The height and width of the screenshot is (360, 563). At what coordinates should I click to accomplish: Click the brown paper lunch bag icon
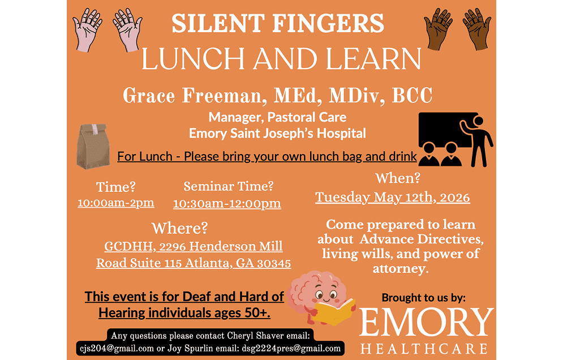tap(93, 146)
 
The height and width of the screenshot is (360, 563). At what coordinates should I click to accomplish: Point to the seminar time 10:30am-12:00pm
tap(227, 204)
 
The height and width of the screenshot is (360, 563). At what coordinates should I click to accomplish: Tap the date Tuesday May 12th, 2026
tap(392, 197)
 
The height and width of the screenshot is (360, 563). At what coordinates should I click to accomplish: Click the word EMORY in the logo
tap(426, 323)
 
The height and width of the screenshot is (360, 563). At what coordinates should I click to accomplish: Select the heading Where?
tap(179, 229)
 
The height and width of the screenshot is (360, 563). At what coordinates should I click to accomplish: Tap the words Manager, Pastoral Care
tap(277, 118)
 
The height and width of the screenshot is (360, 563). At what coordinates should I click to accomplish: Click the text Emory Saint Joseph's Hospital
tap(277, 134)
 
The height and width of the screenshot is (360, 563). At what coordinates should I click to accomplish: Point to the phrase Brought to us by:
tap(423, 297)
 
